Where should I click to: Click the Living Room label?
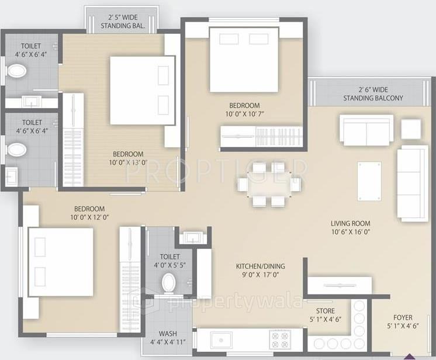point(350,223)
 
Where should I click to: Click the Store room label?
point(325,311)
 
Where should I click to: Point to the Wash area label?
point(168,334)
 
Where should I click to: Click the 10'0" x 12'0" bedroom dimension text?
point(89,217)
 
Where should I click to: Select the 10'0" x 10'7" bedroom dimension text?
point(244,114)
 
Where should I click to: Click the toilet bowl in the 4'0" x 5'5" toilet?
point(169,282)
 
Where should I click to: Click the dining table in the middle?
point(269,185)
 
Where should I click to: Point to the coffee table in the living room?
point(369,181)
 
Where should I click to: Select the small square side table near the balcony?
point(411,128)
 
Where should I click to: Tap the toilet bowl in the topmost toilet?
point(17,71)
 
